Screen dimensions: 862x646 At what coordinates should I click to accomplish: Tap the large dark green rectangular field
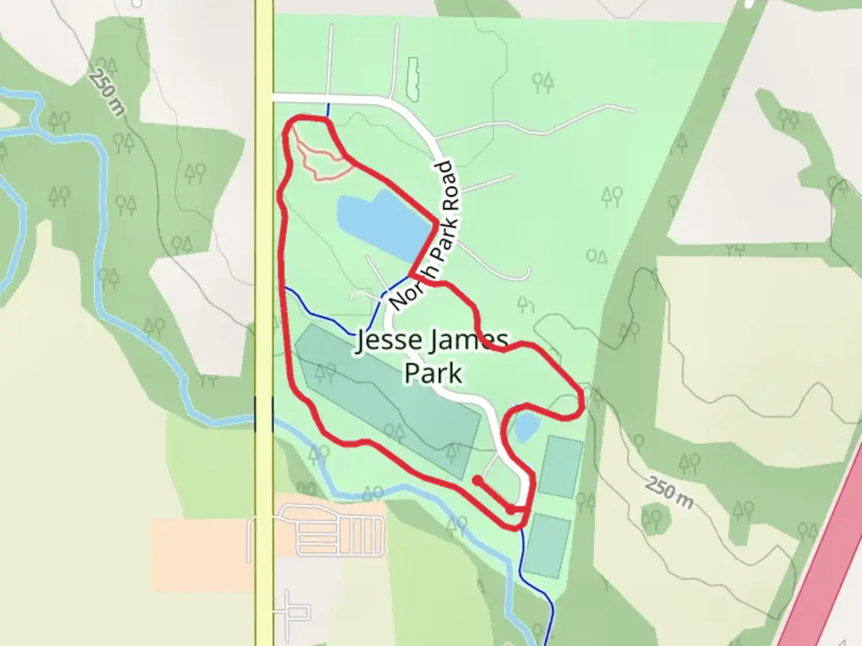[x=389, y=401]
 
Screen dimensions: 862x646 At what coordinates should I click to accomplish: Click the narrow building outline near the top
[x=412, y=78]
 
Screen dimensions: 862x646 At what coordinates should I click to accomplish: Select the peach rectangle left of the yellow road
[x=201, y=553]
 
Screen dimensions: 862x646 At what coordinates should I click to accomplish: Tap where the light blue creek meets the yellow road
[x=264, y=416]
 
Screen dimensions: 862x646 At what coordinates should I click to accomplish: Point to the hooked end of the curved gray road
[x=527, y=272]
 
